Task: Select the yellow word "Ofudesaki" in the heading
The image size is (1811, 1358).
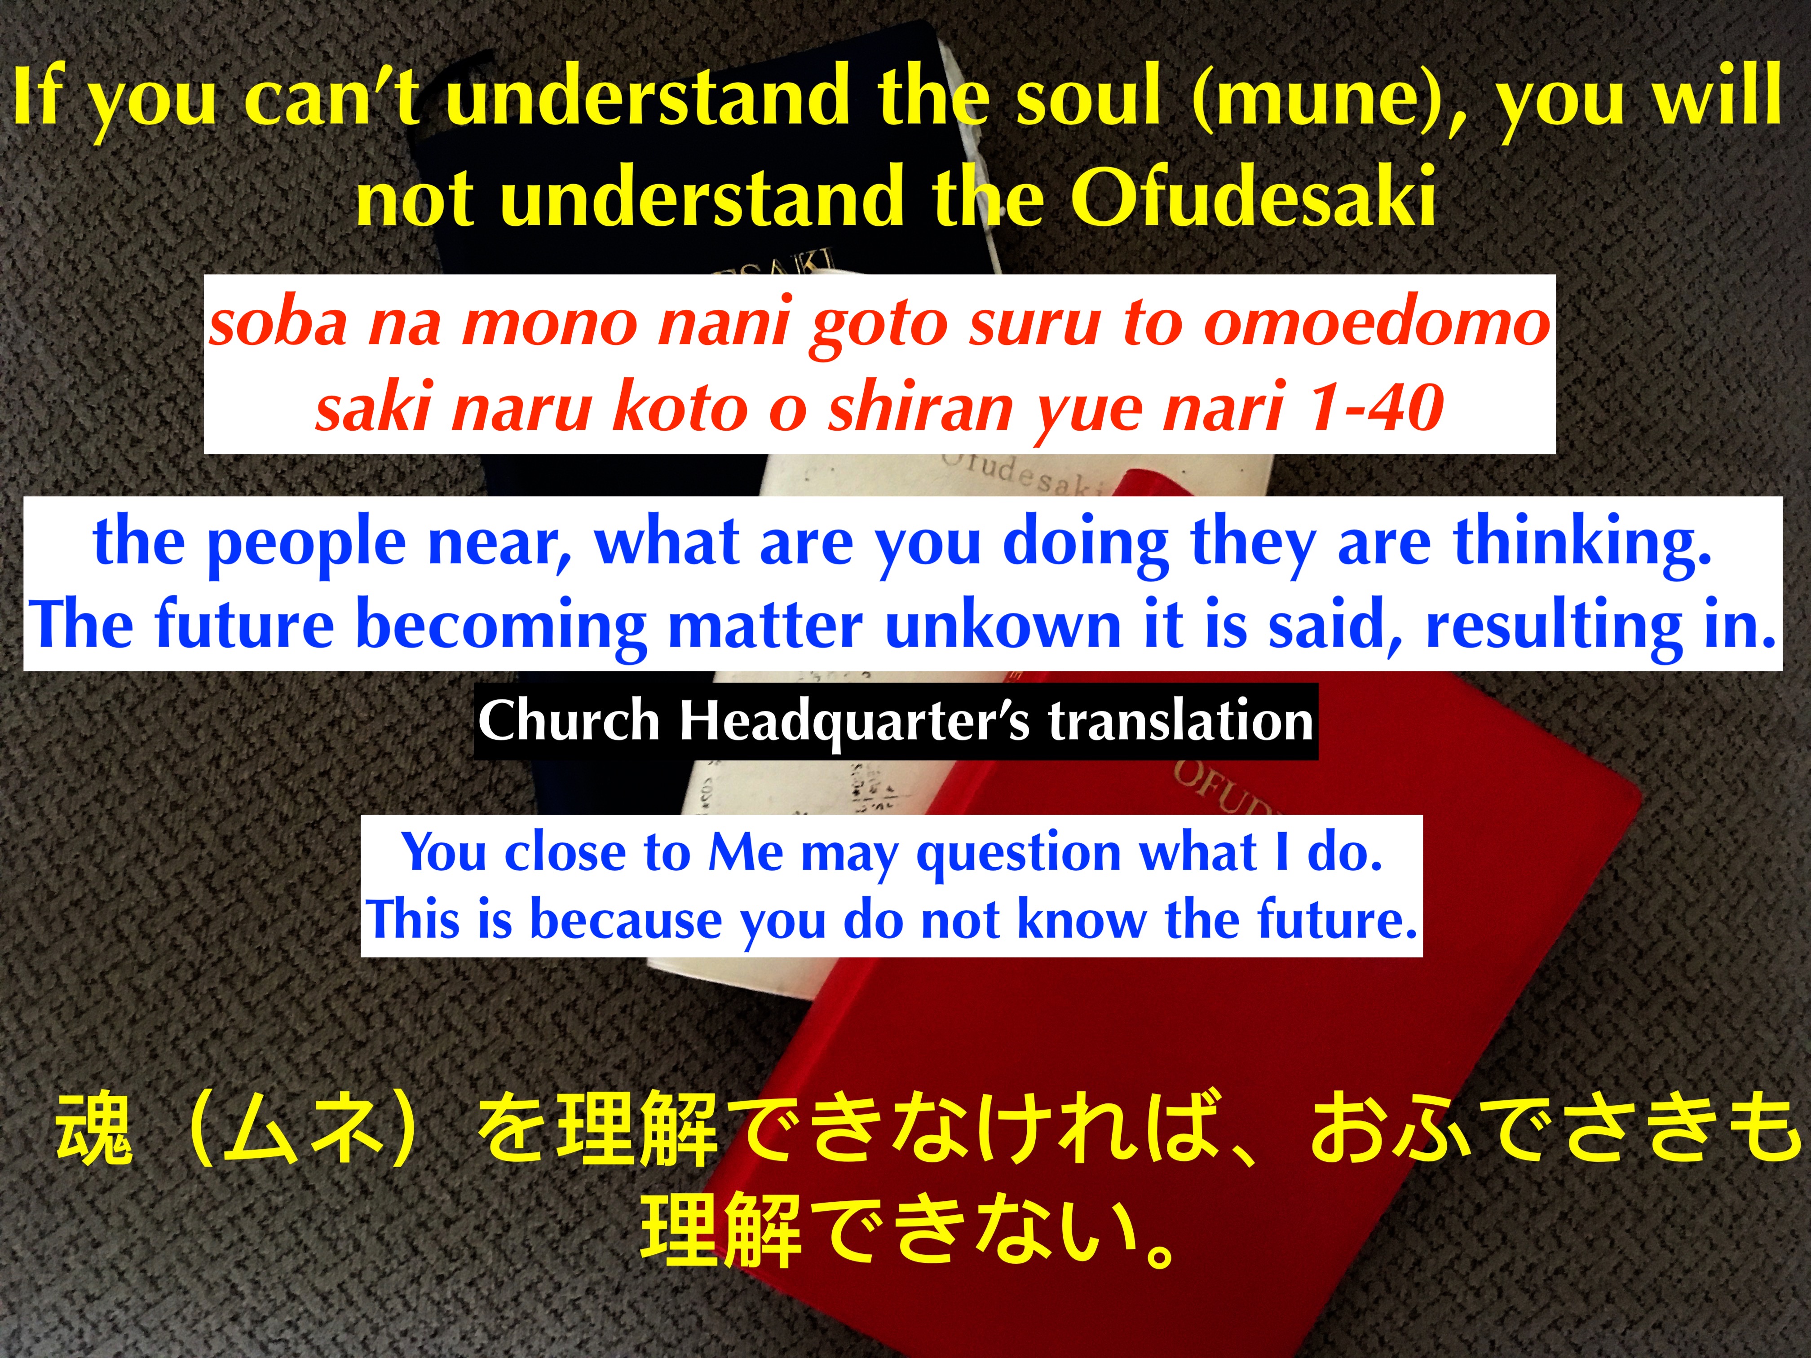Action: (1253, 196)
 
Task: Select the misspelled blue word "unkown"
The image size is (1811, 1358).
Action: (1003, 626)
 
